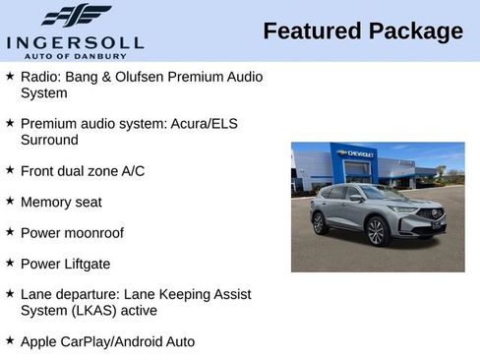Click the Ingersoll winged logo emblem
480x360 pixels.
click(76, 16)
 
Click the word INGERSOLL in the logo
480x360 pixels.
click(75, 41)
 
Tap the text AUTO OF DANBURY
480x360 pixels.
click(75, 55)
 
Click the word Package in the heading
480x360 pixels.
click(415, 31)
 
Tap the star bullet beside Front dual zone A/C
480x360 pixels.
click(10, 170)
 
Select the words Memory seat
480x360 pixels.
click(61, 202)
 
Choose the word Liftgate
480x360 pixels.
click(86, 264)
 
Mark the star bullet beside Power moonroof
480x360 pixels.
click(10, 232)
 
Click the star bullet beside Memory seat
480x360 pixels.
click(10, 201)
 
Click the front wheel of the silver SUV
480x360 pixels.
click(375, 232)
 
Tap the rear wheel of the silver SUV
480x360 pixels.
click(319, 223)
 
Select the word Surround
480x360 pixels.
click(48, 140)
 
